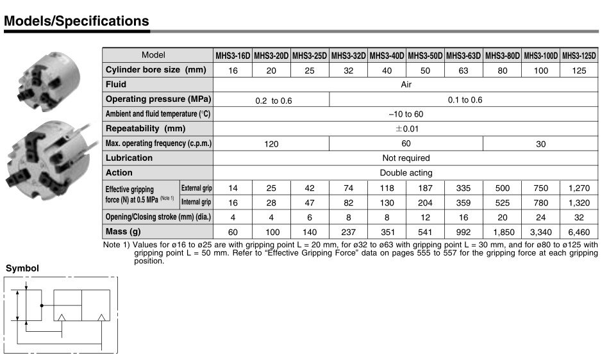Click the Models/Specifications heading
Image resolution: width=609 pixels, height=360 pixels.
click(76, 21)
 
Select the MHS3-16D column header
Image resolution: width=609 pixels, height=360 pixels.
click(233, 56)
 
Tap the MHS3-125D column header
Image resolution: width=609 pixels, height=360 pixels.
click(579, 56)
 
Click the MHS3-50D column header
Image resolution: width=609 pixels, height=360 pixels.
click(425, 56)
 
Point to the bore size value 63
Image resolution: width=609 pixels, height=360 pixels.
click(463, 70)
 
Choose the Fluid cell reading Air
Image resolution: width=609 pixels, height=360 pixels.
click(406, 85)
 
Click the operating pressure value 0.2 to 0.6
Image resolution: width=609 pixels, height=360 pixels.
click(271, 100)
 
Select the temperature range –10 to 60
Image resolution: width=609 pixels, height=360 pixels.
click(406, 114)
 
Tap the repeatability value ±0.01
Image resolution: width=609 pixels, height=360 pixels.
click(406, 129)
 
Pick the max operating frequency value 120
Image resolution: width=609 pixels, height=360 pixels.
click(271, 144)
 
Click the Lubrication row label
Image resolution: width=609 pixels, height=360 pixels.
click(129, 158)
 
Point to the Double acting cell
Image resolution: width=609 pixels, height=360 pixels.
click(406, 172)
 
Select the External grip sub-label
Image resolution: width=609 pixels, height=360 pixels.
click(196, 188)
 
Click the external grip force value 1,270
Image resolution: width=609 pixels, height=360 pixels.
click(579, 188)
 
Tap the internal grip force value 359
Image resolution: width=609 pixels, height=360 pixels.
click(463, 202)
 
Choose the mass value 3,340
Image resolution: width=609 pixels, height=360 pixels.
click(540, 231)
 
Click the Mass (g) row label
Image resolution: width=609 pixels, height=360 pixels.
click(122, 231)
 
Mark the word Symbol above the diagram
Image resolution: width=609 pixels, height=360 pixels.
click(22, 268)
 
